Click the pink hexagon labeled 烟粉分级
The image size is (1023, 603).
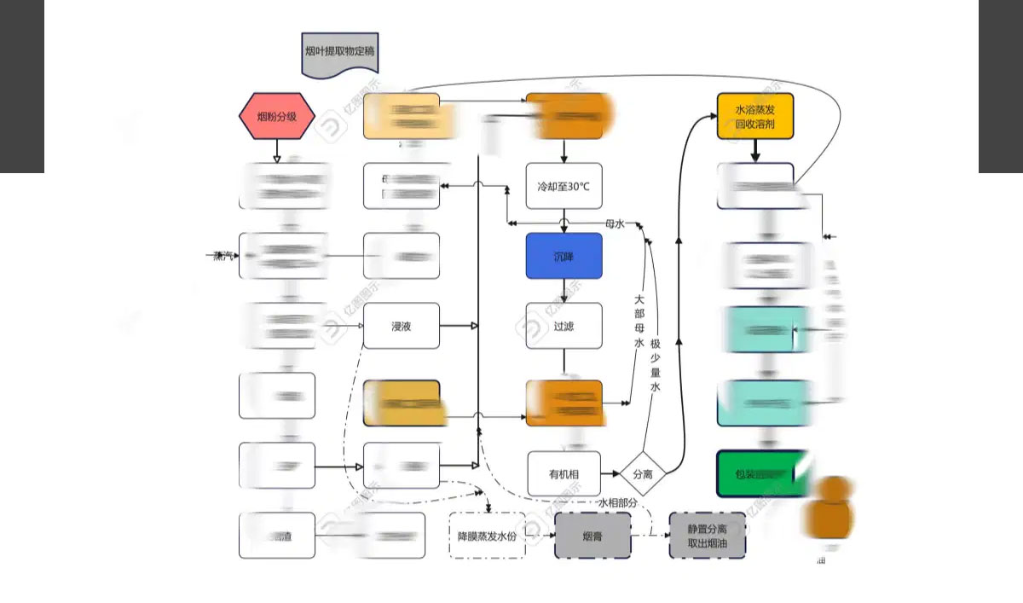[x=277, y=115]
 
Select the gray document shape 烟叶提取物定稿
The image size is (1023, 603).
[x=339, y=53]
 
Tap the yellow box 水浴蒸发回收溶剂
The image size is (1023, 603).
[x=755, y=116]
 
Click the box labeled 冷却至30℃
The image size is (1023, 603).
[x=564, y=186]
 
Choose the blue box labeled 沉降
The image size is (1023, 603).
[x=564, y=256]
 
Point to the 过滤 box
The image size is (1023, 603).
[x=564, y=326]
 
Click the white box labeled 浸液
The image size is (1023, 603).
[x=402, y=326]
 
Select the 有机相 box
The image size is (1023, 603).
[x=564, y=473]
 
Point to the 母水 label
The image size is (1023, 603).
[x=615, y=223]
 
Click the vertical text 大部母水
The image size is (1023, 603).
[x=639, y=322]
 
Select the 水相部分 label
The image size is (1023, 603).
[x=617, y=503]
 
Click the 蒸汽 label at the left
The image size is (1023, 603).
[x=224, y=255]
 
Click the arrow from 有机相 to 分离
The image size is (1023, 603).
[x=610, y=473]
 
